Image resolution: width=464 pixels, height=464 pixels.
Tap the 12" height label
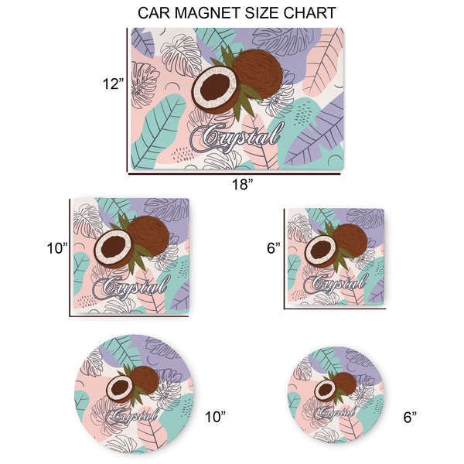112,83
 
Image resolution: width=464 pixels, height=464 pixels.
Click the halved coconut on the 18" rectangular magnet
213,89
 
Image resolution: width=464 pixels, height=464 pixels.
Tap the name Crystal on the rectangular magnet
241,138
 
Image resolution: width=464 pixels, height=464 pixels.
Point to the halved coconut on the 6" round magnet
325,389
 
